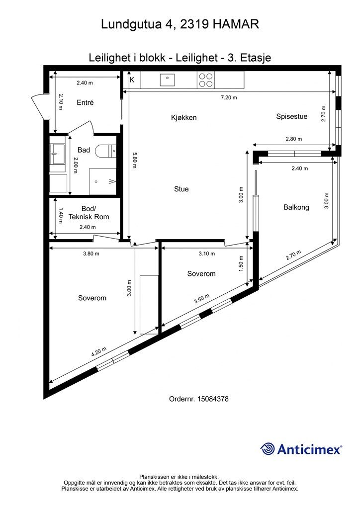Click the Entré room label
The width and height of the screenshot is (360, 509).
[x=85, y=102]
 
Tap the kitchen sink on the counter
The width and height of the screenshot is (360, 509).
[x=167, y=80]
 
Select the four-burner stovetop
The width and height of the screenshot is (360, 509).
[x=205, y=80]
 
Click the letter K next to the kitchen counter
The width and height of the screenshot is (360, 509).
[x=132, y=80]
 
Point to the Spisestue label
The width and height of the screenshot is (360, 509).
[x=291, y=116]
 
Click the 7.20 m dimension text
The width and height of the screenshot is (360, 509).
[x=229, y=97]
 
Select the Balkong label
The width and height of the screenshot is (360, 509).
[x=296, y=207]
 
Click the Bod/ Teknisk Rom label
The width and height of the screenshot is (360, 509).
[x=89, y=213]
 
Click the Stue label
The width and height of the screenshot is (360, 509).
[x=181, y=189]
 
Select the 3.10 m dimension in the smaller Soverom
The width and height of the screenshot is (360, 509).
[x=207, y=254]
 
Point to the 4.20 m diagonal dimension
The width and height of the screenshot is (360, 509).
[x=98, y=352]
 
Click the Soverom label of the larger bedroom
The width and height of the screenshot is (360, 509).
[x=92, y=298]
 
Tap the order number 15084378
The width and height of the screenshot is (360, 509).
[x=212, y=399]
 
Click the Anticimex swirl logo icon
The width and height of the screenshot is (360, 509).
[x=267, y=449]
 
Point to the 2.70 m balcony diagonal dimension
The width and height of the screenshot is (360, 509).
[x=293, y=255]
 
